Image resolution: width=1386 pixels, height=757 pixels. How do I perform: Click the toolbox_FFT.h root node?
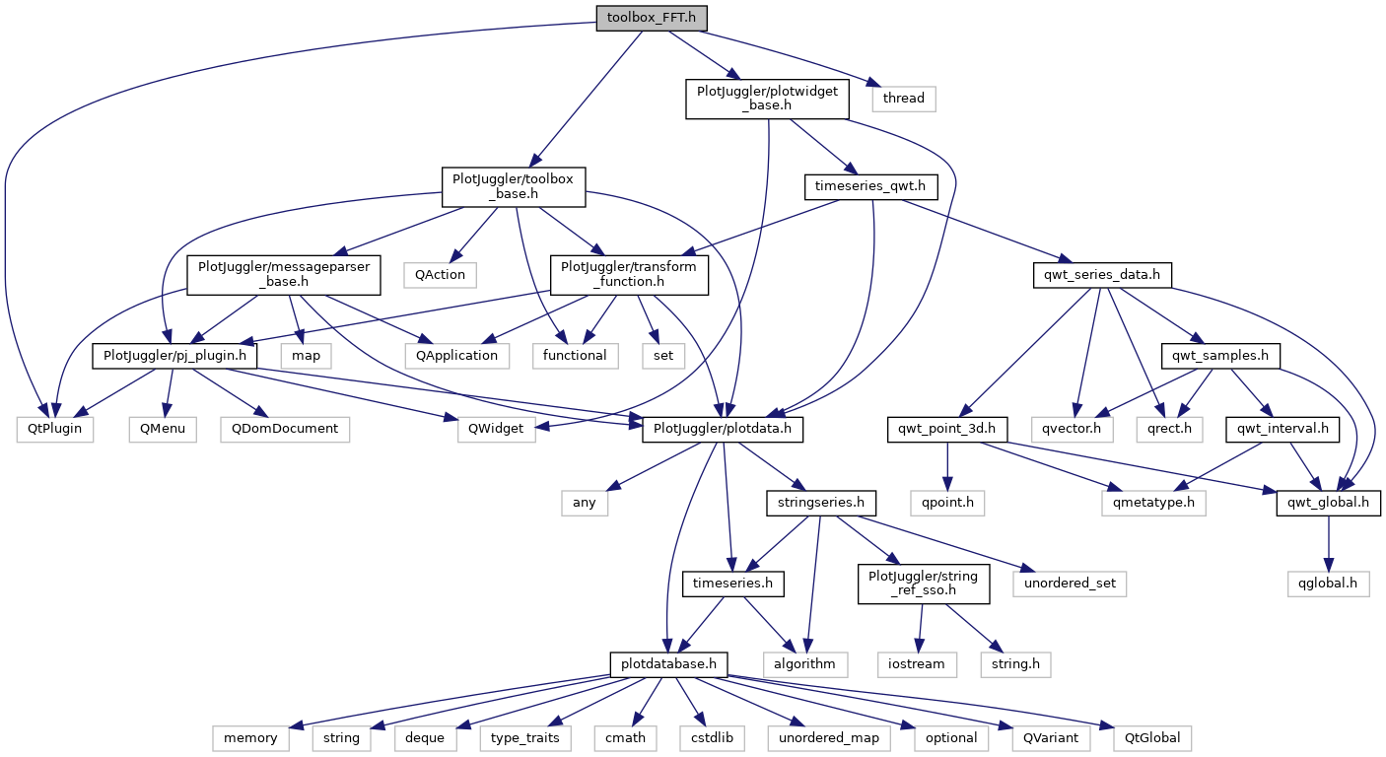(652, 19)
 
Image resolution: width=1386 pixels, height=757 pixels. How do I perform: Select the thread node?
(903, 98)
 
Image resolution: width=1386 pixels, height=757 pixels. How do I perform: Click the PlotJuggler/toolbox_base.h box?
(513, 186)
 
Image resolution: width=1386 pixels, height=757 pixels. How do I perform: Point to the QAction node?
(440, 273)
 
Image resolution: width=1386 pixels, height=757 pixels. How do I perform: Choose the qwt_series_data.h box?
(1102, 273)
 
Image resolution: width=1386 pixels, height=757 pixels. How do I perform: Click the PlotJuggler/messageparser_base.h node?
(284, 275)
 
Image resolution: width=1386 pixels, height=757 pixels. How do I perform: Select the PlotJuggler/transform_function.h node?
(629, 275)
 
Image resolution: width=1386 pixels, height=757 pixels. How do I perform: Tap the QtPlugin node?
(55, 429)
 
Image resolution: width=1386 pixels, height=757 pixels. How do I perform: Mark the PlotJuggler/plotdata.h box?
(723, 429)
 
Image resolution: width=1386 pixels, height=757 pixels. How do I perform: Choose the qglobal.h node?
(1328, 584)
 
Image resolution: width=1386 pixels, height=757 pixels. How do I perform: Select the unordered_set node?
(1069, 584)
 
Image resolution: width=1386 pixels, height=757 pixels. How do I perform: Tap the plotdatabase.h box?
(668, 663)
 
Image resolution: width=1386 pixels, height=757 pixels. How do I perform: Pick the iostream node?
(916, 663)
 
